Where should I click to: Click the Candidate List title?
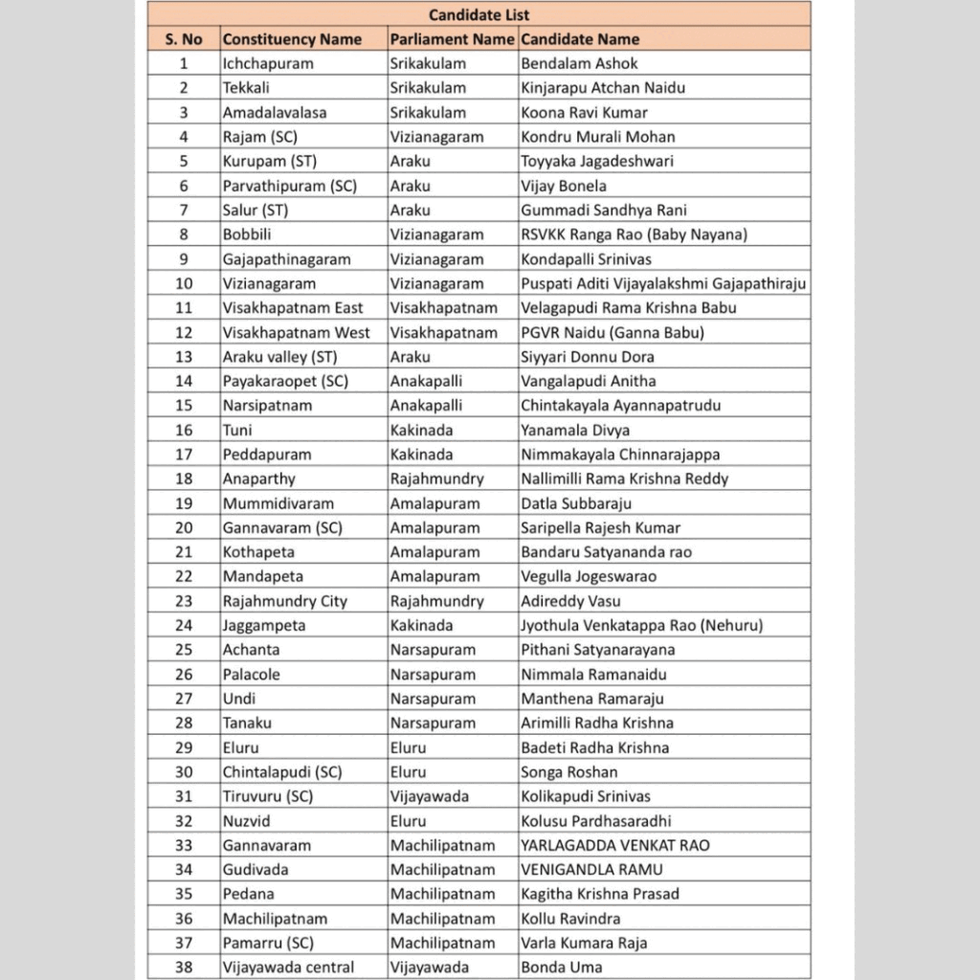479,14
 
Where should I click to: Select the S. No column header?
184,39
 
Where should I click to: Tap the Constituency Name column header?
292,39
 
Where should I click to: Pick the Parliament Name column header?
452,39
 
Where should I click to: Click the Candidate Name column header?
580,39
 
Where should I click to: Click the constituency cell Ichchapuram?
268,63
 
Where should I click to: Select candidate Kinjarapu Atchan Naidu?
603,88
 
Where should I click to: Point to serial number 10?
184,283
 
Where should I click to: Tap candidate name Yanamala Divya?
575,430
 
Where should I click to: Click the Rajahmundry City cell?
285,601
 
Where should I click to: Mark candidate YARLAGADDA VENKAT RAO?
629,845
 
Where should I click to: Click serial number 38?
184,968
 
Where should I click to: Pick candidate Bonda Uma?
562,968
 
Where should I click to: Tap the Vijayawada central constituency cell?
288,968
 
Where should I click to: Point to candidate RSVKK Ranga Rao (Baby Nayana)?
634,234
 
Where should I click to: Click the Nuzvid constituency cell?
248,821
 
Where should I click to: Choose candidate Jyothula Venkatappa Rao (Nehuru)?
641,626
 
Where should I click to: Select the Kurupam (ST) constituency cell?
269,161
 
